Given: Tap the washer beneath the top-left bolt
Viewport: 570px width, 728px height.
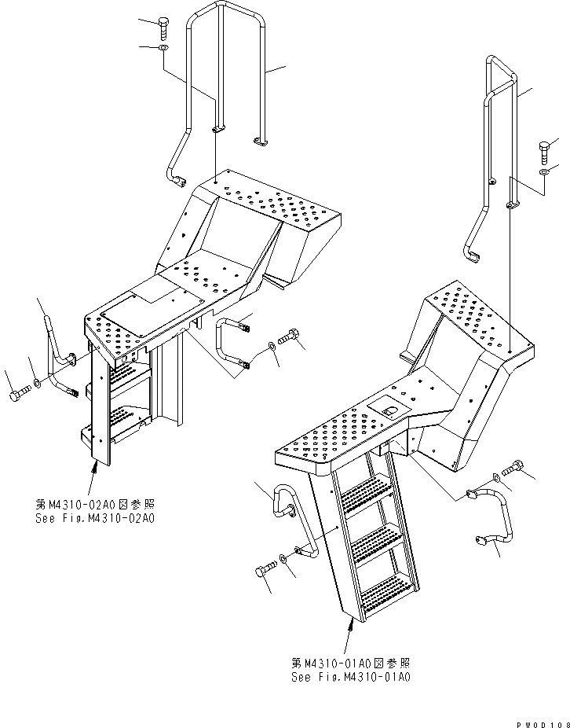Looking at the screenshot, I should pos(163,49).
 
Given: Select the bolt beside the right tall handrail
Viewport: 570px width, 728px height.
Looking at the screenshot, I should pos(544,149).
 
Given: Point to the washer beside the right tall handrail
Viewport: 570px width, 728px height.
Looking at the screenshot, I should pos(544,171).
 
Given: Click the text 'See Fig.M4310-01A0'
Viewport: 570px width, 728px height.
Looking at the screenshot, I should pos(349,677).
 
